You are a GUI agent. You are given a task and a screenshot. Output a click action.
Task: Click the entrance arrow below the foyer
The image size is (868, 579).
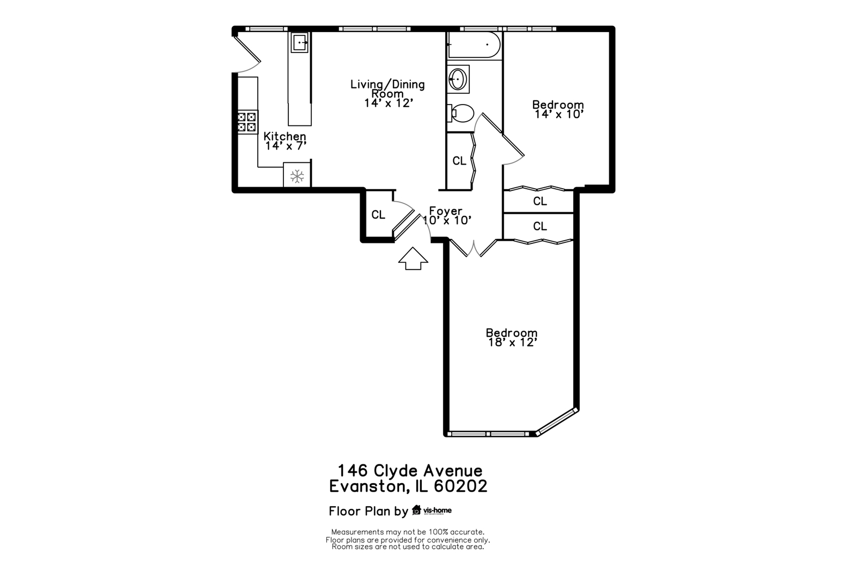point(413,258)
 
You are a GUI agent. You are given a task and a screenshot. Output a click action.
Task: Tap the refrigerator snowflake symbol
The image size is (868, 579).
point(297,176)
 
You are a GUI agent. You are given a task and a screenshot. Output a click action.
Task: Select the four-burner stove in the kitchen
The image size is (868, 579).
point(247,122)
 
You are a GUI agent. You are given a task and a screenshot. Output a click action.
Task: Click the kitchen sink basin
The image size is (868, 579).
point(300,42)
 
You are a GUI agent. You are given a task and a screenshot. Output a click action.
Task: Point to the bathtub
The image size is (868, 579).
point(474,45)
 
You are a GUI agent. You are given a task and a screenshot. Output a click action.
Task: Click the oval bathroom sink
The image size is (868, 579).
point(458,79)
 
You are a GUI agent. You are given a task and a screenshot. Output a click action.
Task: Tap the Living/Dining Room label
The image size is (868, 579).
point(387,89)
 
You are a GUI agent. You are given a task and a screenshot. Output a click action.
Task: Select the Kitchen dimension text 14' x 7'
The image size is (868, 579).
point(286,146)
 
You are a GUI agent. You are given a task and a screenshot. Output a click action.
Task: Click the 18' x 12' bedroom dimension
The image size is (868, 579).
point(512,343)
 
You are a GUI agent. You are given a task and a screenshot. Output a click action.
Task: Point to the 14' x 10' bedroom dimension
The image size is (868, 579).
point(559,114)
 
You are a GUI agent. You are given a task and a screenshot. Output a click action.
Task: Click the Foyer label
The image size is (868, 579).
point(446,211)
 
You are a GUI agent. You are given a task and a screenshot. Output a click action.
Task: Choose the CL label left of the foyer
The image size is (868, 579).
point(378,214)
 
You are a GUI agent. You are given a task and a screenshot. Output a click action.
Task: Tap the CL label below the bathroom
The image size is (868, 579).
point(459,160)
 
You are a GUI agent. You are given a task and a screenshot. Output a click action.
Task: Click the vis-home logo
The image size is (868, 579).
point(432,510)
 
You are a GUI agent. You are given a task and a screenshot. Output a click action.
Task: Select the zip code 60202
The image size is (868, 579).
point(460,486)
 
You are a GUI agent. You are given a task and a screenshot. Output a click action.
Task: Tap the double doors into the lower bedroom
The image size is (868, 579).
point(473,248)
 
